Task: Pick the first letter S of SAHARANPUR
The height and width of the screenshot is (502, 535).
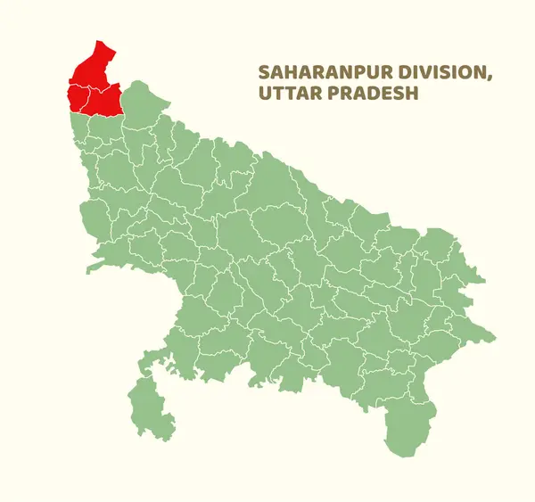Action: click(x=262, y=72)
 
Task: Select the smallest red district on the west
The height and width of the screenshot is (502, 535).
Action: click(x=76, y=96)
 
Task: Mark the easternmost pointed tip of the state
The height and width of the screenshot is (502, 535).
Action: click(x=496, y=336)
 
